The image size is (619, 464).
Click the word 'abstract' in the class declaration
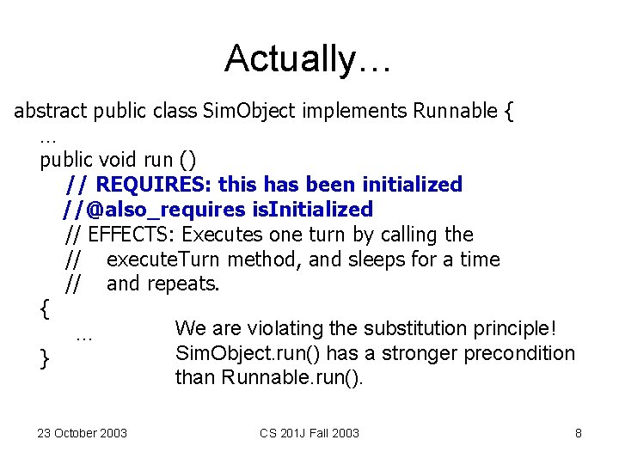click(x=51, y=111)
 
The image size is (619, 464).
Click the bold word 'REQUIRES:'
click(x=156, y=185)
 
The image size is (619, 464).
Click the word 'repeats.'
click(x=185, y=284)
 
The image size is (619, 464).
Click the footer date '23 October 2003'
click(x=82, y=432)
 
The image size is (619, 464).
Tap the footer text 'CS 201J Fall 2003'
click(x=309, y=432)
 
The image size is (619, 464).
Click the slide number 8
click(x=579, y=432)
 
